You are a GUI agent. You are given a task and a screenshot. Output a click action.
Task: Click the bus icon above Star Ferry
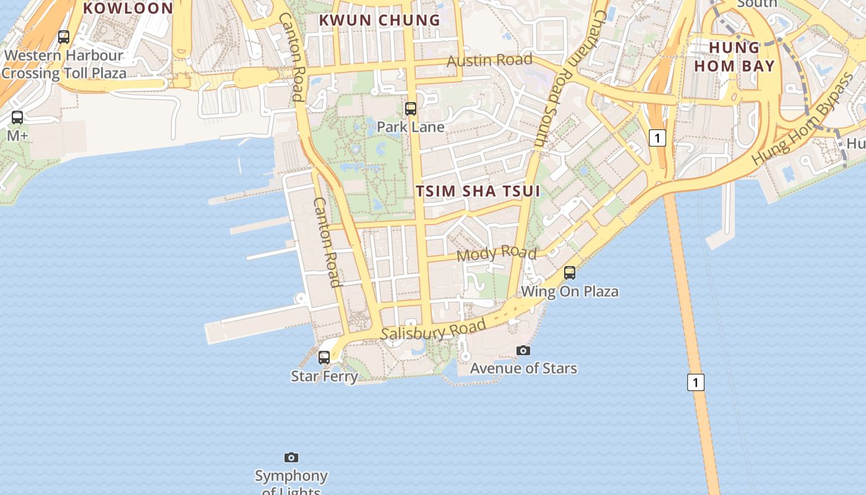point(324,357)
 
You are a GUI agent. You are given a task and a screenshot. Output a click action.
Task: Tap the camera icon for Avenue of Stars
point(523,350)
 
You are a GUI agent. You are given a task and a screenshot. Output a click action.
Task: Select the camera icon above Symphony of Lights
point(291,457)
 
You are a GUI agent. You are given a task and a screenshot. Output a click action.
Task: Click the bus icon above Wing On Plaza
point(570,272)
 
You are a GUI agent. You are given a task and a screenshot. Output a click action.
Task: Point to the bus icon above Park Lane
point(411,109)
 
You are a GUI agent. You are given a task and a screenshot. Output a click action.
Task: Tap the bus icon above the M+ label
point(17,117)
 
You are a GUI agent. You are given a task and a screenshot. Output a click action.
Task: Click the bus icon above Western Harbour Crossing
point(64,37)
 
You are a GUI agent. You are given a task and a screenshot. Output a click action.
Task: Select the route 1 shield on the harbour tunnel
point(696,382)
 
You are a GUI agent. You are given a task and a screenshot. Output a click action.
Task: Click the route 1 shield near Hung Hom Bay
point(658,137)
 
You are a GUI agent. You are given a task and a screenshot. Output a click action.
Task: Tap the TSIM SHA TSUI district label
point(478,191)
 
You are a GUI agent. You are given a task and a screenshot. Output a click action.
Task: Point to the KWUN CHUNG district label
point(379,20)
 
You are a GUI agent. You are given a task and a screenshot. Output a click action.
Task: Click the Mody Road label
point(497,253)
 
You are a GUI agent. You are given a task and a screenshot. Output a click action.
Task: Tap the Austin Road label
point(489,60)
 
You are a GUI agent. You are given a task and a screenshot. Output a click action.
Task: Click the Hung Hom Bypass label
point(802,119)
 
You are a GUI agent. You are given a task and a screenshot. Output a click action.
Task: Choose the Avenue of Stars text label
point(523,368)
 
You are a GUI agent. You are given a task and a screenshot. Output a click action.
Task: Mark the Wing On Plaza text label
point(570,291)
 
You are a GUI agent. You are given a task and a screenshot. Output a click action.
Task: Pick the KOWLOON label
point(128,8)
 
